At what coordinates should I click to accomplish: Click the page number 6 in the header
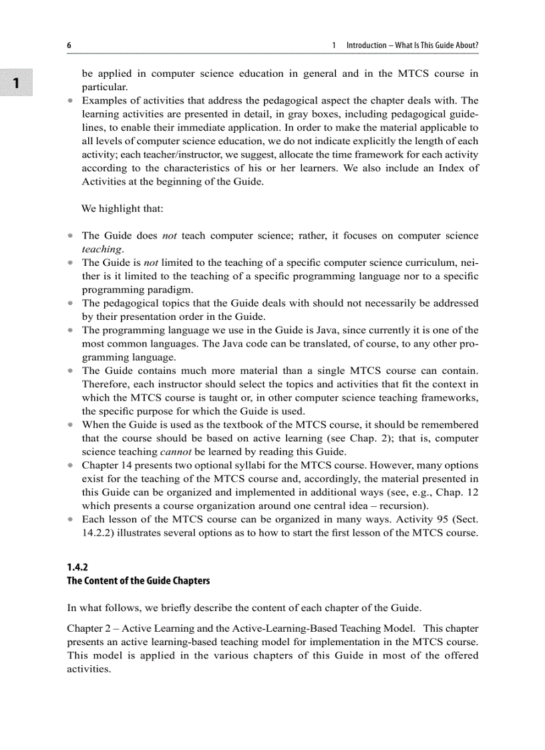point(69,45)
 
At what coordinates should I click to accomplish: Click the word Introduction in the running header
point(366,45)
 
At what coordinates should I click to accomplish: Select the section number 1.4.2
point(77,567)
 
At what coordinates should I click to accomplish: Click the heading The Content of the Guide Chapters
point(138,580)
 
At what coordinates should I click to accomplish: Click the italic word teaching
point(102,248)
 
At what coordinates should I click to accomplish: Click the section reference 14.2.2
point(96,532)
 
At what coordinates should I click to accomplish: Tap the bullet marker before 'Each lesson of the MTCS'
point(70,519)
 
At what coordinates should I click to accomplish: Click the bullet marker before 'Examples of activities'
point(70,101)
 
